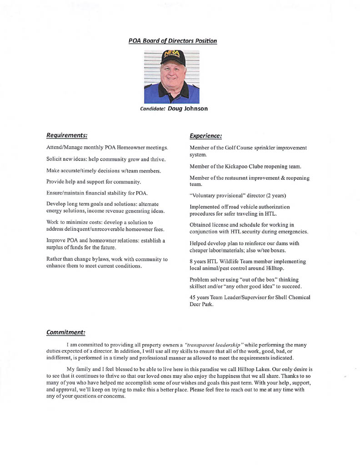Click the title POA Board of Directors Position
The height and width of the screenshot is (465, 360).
172,41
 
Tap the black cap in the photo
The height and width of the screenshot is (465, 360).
172,59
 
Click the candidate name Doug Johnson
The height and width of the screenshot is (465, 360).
188,109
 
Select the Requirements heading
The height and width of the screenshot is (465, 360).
67,135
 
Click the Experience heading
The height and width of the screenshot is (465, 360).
205,135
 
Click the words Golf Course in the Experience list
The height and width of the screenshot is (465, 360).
235,148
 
